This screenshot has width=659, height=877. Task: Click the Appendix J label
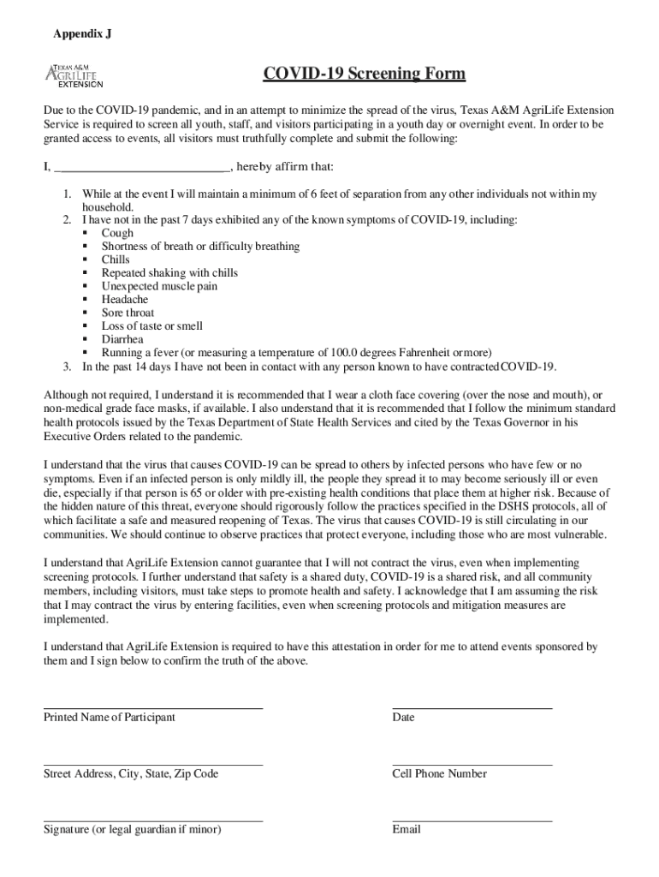[x=82, y=34]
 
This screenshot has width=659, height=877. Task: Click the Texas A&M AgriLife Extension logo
[x=74, y=75]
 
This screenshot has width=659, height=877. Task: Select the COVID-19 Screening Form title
[x=364, y=75]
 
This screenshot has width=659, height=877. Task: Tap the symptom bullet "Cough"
[x=117, y=233]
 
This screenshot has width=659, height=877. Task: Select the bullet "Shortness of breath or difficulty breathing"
[x=200, y=247]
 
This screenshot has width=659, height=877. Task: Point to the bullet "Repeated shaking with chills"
[x=169, y=273]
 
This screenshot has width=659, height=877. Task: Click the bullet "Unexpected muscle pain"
[x=159, y=286]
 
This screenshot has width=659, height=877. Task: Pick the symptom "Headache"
[x=125, y=300]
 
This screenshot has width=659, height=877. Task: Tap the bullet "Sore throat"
[x=128, y=313]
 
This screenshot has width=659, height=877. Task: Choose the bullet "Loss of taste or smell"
[x=152, y=326]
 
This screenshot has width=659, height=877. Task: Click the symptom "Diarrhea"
[x=122, y=339]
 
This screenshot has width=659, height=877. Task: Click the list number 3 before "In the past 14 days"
[x=66, y=367]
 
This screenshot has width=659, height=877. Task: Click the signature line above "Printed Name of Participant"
[x=153, y=707]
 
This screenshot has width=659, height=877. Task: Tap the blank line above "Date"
[x=472, y=707]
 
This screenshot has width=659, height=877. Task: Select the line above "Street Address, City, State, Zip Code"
[x=153, y=764]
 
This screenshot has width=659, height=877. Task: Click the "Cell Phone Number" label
[x=439, y=774]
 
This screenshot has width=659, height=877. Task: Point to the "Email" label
[x=407, y=830]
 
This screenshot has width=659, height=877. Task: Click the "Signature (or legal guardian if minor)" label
[x=133, y=830]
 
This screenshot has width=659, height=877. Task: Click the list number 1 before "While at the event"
[x=66, y=195]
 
